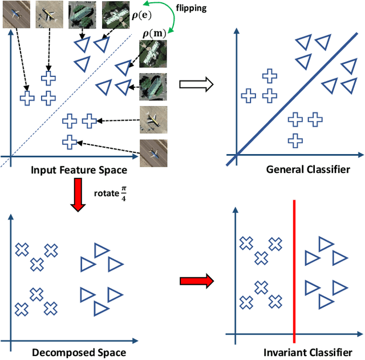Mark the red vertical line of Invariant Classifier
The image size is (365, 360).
pyautogui.click(x=294, y=268)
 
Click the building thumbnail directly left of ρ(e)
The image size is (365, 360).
pyautogui.click(x=113, y=15)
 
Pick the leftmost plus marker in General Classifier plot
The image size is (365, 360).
pyautogui.click(x=248, y=96)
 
